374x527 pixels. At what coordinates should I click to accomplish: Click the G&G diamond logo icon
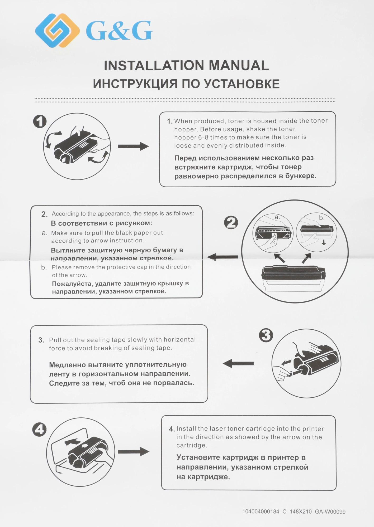(58, 30)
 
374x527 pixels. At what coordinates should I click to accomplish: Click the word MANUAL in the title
(239, 66)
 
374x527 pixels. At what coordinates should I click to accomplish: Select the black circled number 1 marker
(40, 121)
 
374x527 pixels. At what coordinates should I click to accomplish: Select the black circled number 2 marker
(231, 223)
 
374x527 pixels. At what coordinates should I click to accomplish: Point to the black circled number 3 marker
(266, 335)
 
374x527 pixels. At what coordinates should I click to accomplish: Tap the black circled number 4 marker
(39, 430)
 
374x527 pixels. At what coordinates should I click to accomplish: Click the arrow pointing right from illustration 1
(133, 146)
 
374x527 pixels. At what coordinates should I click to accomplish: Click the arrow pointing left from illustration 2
(222, 257)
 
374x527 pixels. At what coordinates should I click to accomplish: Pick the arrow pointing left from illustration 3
(238, 363)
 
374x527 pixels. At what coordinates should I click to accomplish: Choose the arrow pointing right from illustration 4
(134, 452)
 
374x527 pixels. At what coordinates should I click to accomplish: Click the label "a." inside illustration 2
(277, 217)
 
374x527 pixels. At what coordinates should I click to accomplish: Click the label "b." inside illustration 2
(321, 218)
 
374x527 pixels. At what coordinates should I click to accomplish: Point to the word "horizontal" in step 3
(179, 339)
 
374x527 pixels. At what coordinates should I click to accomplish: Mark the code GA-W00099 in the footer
(330, 512)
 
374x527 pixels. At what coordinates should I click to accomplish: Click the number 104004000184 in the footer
(261, 512)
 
